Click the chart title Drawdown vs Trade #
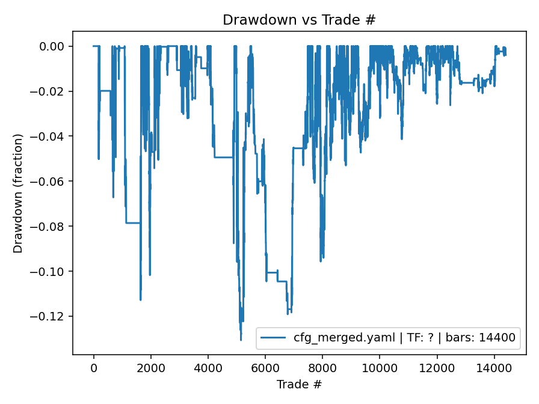(299, 20)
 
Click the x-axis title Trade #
(299, 384)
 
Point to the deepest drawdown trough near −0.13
(241, 340)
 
